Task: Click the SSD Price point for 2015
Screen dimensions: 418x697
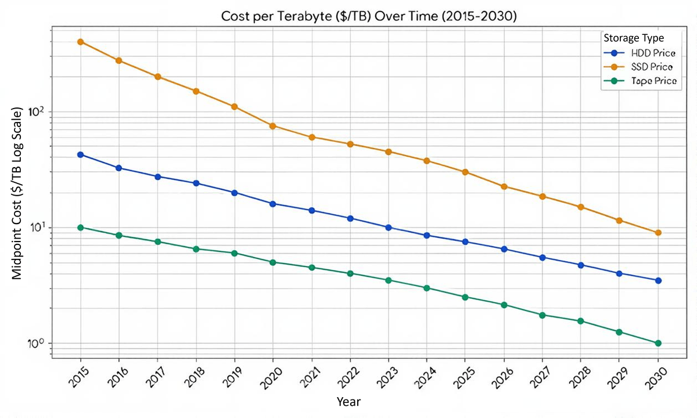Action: tap(80, 42)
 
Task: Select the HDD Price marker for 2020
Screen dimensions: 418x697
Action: tap(272, 204)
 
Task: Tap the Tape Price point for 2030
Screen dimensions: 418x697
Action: tap(658, 343)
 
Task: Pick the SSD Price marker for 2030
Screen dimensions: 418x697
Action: tap(658, 233)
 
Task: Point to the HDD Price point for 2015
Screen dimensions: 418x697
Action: tap(80, 154)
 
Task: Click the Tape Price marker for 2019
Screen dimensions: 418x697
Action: tap(234, 253)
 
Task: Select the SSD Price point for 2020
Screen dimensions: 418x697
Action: tap(272, 126)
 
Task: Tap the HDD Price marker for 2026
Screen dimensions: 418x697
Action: tap(504, 249)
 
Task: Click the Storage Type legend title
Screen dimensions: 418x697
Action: tap(633, 38)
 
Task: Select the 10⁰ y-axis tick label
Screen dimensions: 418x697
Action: tap(38, 343)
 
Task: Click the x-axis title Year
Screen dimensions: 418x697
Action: tap(348, 401)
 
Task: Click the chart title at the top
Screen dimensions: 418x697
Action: tap(369, 16)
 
